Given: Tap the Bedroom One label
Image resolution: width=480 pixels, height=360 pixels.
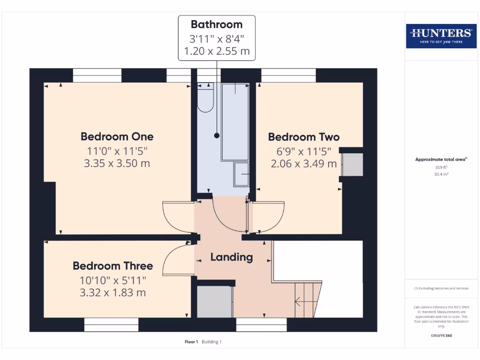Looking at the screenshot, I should click(117, 137).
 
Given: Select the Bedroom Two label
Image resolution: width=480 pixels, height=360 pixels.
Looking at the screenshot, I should click(304, 137).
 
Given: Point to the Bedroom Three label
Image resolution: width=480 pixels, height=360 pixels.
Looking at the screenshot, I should click(112, 266).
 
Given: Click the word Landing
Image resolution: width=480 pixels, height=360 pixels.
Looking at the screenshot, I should click(232, 257).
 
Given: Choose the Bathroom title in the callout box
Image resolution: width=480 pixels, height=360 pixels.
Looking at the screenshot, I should click(217, 24).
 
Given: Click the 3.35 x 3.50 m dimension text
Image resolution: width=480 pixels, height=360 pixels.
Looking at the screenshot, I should click(117, 163).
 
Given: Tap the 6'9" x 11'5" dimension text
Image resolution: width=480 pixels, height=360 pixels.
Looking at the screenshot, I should click(304, 151).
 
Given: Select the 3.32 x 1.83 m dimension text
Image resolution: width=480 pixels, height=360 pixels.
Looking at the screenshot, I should click(112, 293).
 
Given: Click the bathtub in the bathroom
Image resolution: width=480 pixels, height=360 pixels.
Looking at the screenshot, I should click(235, 122).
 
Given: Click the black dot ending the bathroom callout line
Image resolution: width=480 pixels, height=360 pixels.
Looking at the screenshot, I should click(217, 135).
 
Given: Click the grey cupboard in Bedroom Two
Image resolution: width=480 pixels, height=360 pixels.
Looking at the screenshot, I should click(352, 165).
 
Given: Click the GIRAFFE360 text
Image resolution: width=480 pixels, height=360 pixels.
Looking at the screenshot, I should click(441, 336).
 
